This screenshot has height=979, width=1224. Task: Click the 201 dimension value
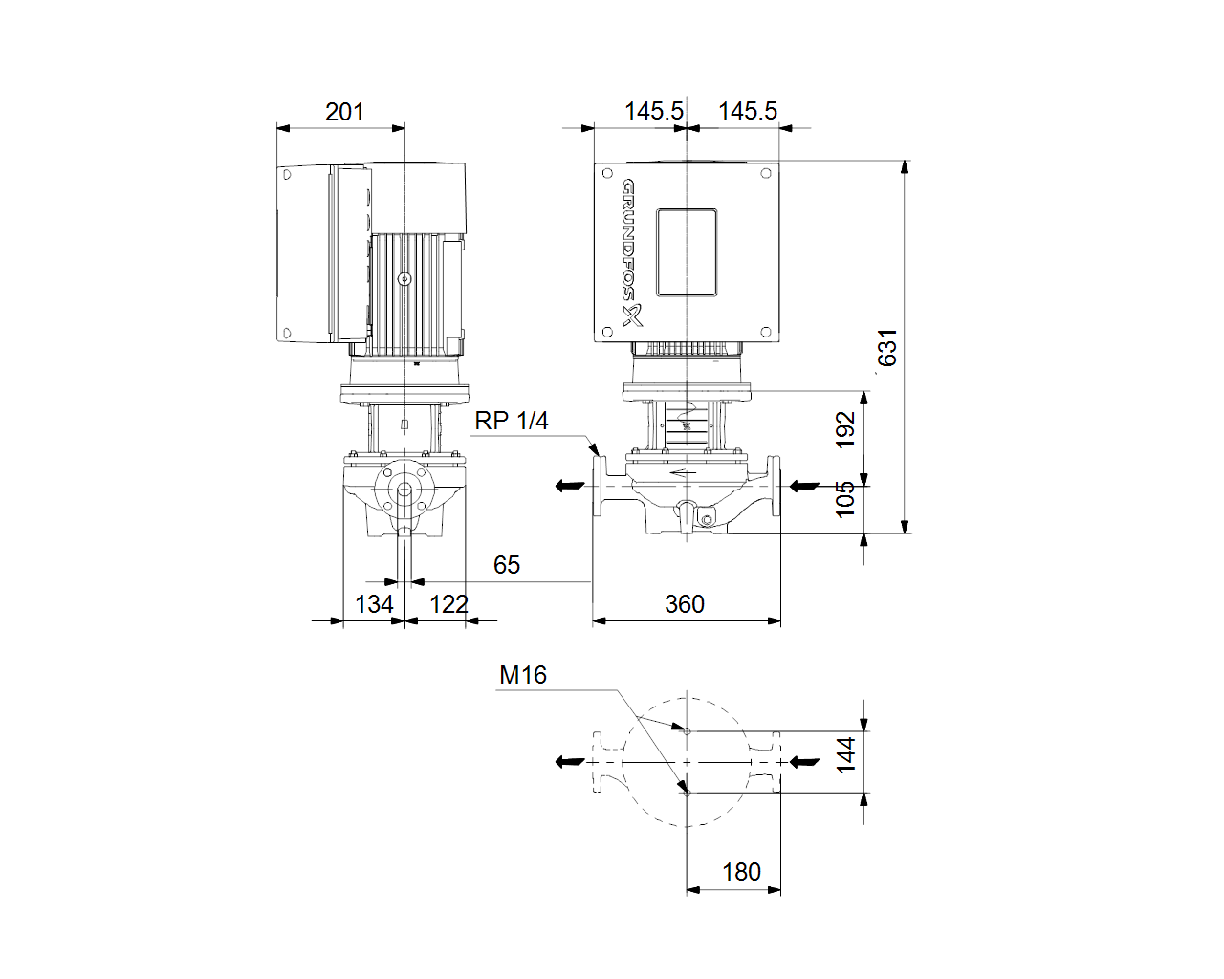pos(344,112)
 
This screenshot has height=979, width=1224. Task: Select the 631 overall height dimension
pos(887,348)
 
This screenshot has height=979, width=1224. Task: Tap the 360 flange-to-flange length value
pos(685,604)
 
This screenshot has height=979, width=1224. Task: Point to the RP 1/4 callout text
pos(512,421)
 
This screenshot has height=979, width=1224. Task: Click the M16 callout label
pos(523,675)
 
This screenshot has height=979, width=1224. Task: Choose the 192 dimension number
pos(845,429)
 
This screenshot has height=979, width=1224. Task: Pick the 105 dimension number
pos(845,499)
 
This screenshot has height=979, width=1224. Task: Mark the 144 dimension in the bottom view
pos(846,755)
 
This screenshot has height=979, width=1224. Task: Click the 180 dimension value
pos(741,872)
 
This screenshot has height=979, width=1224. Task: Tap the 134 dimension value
pos(374,604)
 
